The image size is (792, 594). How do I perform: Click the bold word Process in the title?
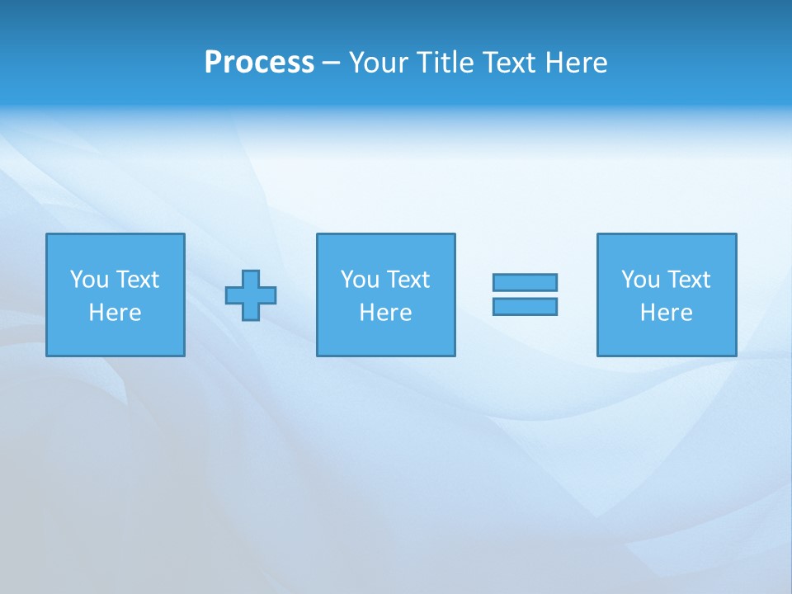259,63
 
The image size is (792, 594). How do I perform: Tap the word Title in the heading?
446,63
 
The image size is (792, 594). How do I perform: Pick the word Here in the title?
578,63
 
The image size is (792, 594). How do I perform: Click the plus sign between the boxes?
251,295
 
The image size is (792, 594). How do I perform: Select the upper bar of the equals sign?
525,282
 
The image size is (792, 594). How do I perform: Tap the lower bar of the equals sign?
525,306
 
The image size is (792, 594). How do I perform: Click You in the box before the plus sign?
89,280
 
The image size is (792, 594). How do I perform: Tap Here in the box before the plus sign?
115,313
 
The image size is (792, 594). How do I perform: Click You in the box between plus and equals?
360,280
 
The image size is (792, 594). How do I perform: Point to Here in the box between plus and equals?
385,313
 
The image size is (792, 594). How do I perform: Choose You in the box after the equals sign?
640,280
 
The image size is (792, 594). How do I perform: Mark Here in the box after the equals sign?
666,313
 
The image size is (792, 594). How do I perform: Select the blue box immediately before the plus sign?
115,338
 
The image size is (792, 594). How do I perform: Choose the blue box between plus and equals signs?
385,338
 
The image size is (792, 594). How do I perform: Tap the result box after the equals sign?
667,338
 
